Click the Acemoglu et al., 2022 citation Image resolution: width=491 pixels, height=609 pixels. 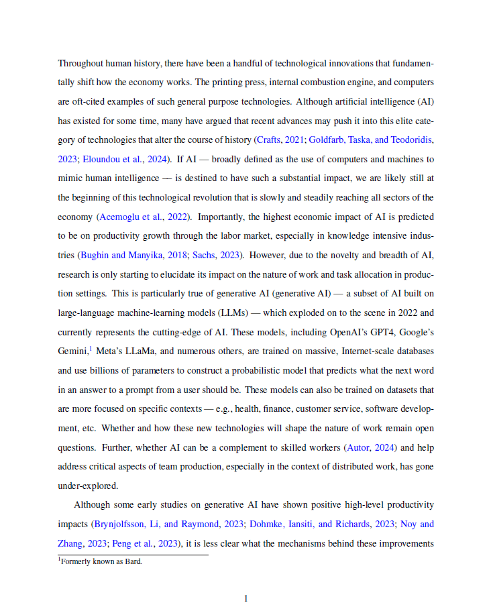click(144, 217)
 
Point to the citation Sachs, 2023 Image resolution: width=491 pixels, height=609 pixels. click(224, 256)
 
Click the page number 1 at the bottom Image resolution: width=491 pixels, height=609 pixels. click(245, 598)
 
